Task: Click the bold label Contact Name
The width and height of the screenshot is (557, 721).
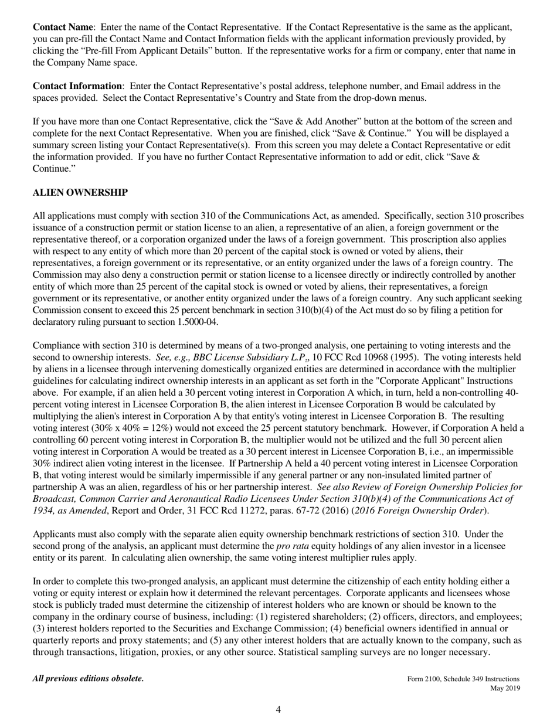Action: click(63, 27)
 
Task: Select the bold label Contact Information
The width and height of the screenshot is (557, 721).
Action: click(77, 86)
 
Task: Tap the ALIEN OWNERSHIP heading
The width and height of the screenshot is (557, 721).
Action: click(80, 193)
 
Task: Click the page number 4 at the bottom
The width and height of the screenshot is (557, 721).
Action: click(278, 710)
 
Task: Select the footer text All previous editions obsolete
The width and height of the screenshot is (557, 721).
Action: click(88, 679)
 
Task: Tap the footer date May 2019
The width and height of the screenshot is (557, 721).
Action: click(505, 688)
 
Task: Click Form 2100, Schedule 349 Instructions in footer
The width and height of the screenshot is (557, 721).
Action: click(463, 679)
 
